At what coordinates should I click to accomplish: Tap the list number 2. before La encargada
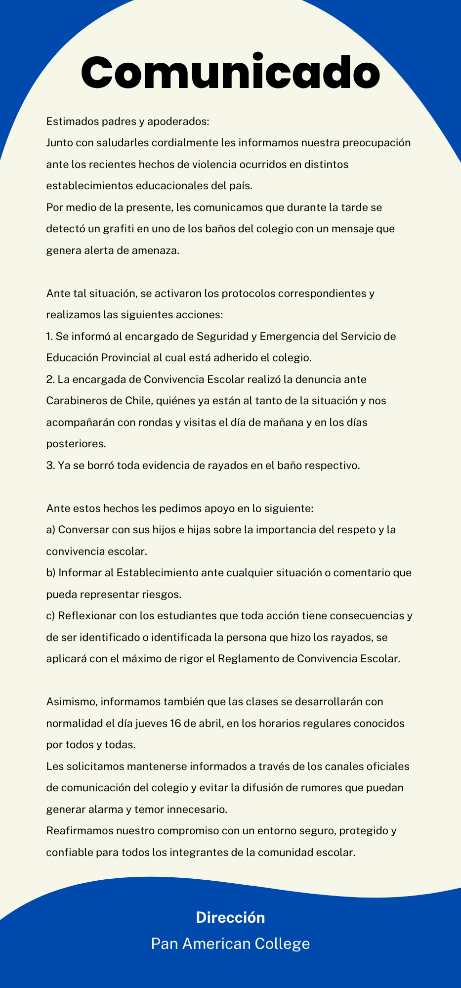coord(50,379)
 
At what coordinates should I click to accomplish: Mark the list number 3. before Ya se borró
coord(50,465)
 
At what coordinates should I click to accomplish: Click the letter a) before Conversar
coord(50,530)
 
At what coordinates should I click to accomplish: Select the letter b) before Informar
coord(50,573)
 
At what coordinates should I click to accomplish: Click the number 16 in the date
coord(175,724)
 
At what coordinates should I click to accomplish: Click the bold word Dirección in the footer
coord(230,918)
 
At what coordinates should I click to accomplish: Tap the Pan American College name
coord(230,944)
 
